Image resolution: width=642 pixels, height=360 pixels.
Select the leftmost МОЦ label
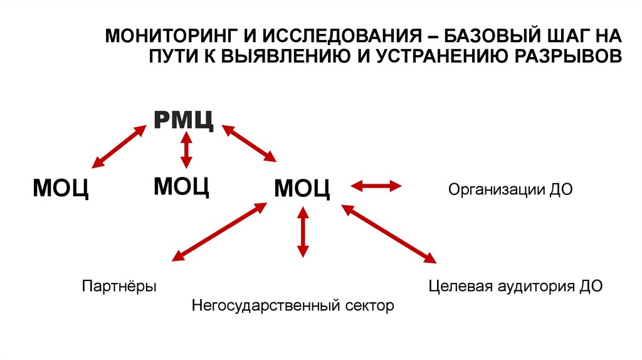coord(60,188)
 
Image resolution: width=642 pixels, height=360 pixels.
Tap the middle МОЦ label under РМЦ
coord(181,186)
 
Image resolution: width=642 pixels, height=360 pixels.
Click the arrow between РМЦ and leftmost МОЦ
coord(119,146)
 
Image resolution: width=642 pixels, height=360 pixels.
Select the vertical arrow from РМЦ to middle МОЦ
coord(186,149)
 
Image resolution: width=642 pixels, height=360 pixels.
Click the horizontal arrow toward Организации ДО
coord(376,186)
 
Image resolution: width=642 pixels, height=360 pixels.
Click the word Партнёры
coord(119,287)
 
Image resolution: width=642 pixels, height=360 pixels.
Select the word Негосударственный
coord(266,307)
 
